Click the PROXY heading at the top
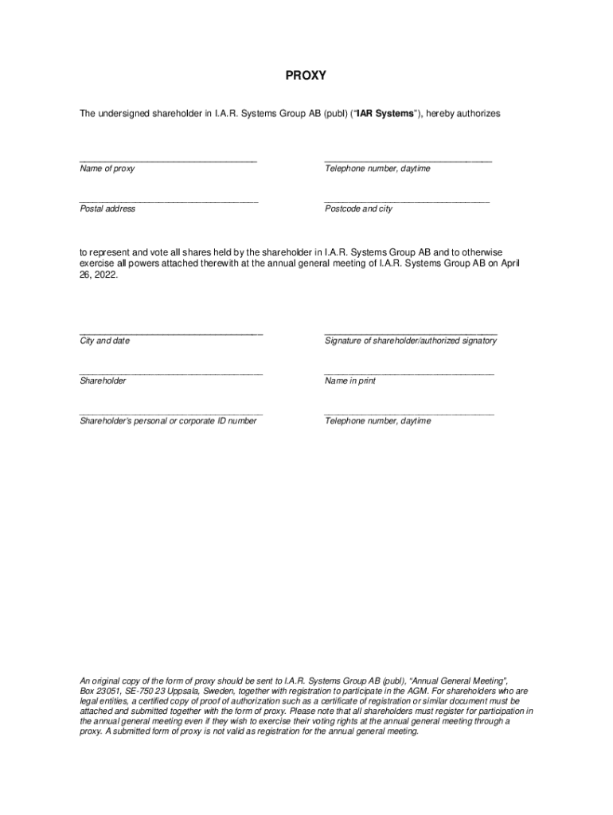pyautogui.click(x=306, y=76)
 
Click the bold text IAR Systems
pyautogui.click(x=385, y=114)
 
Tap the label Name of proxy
pyautogui.click(x=107, y=169)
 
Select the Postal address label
pyautogui.click(x=107, y=209)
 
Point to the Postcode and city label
pyautogui.click(x=358, y=209)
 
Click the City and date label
pyautogui.click(x=104, y=341)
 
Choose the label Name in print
pyautogui.click(x=349, y=381)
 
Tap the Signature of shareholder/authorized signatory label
pyautogui.click(x=410, y=341)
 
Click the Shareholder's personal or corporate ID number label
pyautogui.click(x=168, y=421)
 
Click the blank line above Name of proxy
pyautogui.click(x=167, y=162)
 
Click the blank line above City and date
pyautogui.click(x=170, y=333)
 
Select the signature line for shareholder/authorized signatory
pyautogui.click(x=410, y=333)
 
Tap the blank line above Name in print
pyautogui.click(x=408, y=374)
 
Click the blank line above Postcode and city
pyautogui.click(x=406, y=201)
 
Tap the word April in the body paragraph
pyautogui.click(x=510, y=263)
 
